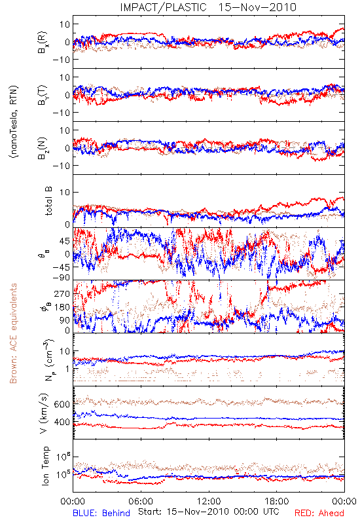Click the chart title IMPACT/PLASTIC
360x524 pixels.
pos(163,7)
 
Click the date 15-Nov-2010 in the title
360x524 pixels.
pos(257,7)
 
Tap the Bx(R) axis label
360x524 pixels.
pos(43,43)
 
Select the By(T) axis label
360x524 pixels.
pos(43,95)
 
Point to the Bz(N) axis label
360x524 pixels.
pos(43,148)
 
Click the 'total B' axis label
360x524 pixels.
pos(48,201)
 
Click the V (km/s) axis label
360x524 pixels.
pos(44,413)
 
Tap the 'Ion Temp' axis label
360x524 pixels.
pos(45,466)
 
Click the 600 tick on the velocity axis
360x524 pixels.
pos(62,404)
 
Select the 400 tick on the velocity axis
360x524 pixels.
pos(62,422)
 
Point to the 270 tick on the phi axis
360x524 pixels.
pos(62,293)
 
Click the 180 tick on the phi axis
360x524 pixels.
pos(62,307)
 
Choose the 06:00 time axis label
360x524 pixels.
pos(141,501)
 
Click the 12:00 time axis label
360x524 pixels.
pos(209,501)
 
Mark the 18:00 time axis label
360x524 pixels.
pos(277,501)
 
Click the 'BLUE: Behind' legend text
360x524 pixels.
pos(101,513)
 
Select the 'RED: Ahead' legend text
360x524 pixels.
pos(319,513)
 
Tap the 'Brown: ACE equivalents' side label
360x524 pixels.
pos(13,333)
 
